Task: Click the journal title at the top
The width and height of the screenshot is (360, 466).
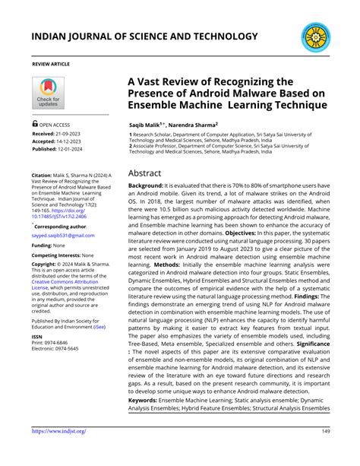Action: click(144, 36)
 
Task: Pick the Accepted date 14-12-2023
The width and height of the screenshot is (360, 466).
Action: click(69, 141)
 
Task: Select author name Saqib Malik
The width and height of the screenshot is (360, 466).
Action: click(149, 122)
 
